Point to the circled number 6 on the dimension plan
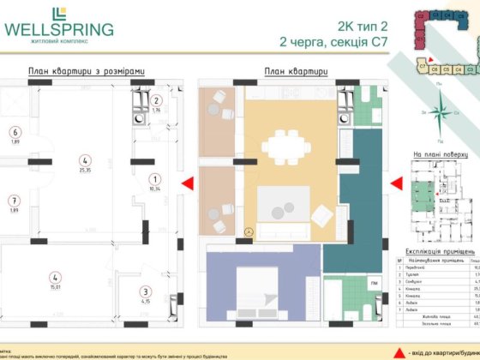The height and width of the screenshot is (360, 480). click(15, 132)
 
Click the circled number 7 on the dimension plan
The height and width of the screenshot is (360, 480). click(15, 201)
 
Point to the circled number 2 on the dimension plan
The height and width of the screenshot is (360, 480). click(156, 101)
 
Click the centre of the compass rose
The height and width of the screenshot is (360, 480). click(440, 116)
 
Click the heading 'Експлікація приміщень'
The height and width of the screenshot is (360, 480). click(440, 243)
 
